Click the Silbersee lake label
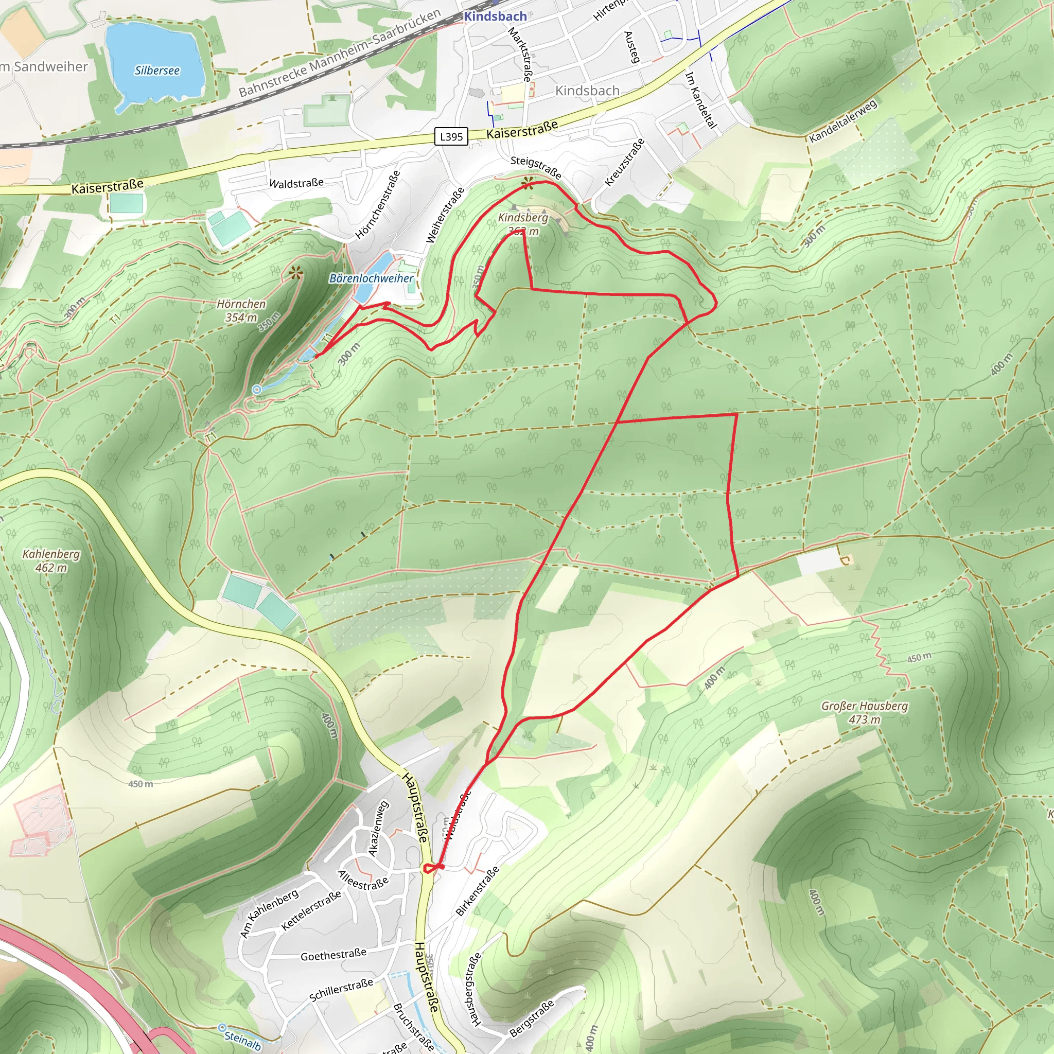[157, 71]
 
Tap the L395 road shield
[451, 136]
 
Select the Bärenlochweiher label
[371, 278]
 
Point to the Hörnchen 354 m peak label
[241, 310]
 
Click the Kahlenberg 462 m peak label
[51, 560]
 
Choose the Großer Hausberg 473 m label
[865, 712]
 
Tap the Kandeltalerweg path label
[842, 120]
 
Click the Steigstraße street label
[536, 167]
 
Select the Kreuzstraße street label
[625, 162]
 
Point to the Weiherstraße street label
[445, 215]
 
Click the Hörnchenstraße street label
[378, 205]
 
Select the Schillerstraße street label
[341, 990]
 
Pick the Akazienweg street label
[378, 828]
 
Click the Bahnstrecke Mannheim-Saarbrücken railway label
[339, 52]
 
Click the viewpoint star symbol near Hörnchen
[296, 273]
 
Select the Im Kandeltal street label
[700, 100]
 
